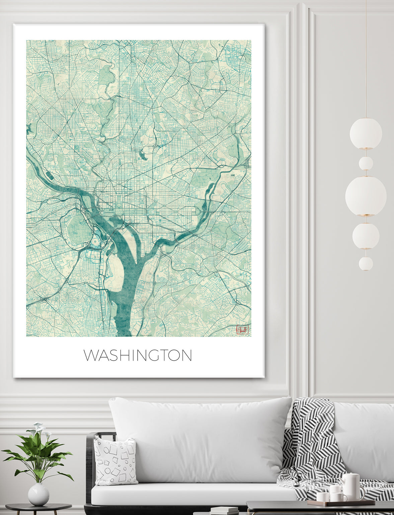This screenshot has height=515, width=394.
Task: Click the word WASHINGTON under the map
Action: pos(138,355)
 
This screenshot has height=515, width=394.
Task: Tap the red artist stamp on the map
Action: pos(242,329)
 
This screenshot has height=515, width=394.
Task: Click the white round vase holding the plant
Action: pos(38,494)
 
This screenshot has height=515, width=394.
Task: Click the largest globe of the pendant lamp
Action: pos(366,196)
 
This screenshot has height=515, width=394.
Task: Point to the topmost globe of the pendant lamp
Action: pos(366,133)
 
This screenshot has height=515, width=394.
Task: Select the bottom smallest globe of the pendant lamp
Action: pos(366,264)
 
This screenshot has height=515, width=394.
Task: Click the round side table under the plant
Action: pos(38,508)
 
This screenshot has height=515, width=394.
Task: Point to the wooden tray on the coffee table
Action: pos(341,503)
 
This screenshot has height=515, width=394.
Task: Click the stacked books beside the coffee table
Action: pos(224,511)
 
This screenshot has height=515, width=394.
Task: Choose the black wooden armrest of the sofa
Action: pos(90,469)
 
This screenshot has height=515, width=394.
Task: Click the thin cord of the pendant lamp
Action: pos(366,60)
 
